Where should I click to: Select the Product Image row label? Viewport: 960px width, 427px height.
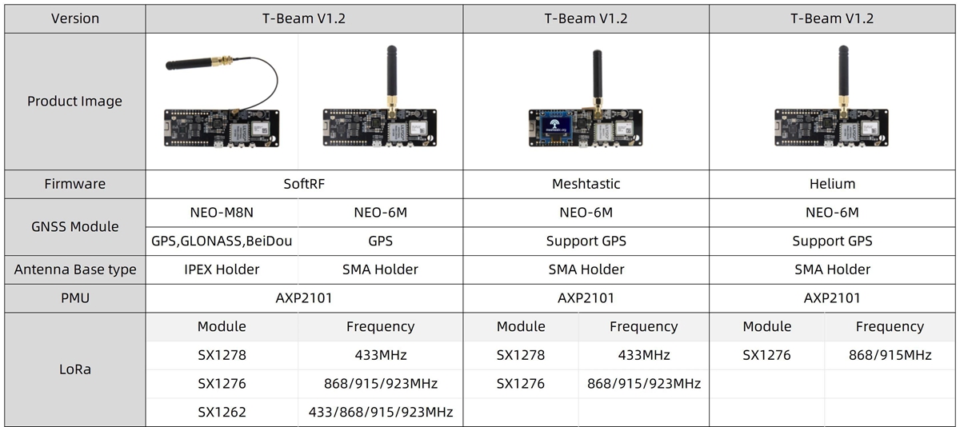[x=74, y=102]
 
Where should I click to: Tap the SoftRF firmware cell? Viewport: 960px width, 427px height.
[x=303, y=184]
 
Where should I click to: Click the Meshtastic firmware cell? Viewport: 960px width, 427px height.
[x=586, y=184]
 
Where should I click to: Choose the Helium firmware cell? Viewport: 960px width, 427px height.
[x=832, y=184]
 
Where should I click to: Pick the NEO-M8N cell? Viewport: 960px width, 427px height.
[x=222, y=213]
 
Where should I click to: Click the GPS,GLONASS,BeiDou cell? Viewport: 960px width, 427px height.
[x=222, y=241]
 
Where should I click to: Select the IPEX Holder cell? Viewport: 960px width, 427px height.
[x=222, y=269]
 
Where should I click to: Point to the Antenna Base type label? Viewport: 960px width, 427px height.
[x=74, y=269]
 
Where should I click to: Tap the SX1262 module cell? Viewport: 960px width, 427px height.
[x=222, y=413]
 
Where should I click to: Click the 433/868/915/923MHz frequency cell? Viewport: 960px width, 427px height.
[x=380, y=413]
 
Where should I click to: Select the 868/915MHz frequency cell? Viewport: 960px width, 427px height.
[x=890, y=355]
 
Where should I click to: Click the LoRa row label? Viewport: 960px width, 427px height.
[x=74, y=369]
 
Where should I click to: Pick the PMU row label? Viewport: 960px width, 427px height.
[x=74, y=298]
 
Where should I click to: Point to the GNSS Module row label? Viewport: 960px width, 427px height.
[x=74, y=226]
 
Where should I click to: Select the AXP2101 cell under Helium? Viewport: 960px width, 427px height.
[x=832, y=298]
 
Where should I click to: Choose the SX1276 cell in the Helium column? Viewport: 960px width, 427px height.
[x=766, y=355]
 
